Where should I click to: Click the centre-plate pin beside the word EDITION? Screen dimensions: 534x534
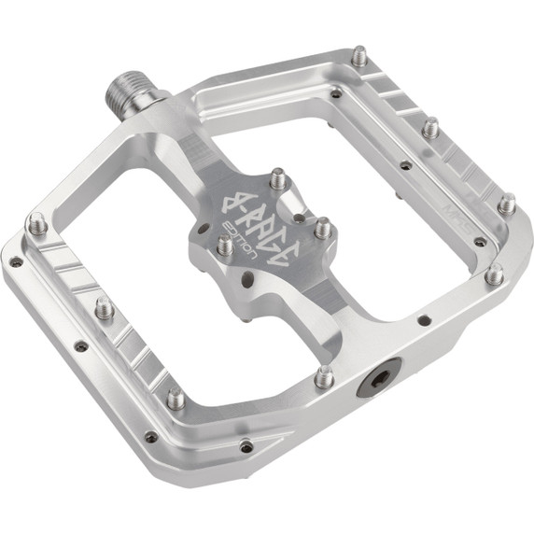pyautogui.click(x=225, y=245)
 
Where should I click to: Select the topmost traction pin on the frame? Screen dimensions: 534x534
pyautogui.click(x=359, y=56)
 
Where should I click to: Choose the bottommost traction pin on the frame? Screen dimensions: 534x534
pyautogui.click(x=176, y=399)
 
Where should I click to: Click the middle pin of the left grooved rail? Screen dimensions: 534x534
pyautogui.click(x=105, y=308)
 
